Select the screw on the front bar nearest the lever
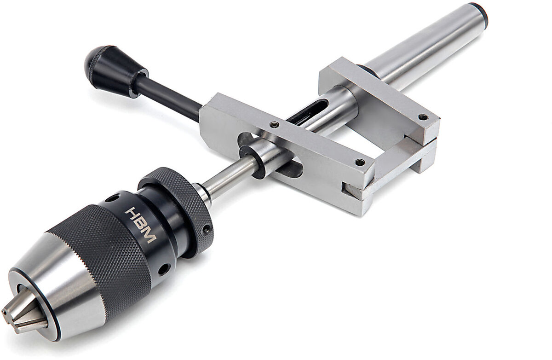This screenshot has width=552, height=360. pyautogui.click(x=275, y=124)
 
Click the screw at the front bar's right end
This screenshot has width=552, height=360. pyautogui.click(x=360, y=162)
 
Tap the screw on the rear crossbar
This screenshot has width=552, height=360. pyautogui.click(x=422, y=117)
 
